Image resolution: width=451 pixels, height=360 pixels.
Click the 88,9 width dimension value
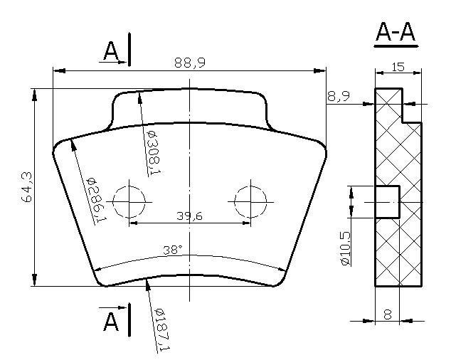coord(190,63)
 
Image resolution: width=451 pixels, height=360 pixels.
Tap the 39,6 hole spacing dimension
coord(189,216)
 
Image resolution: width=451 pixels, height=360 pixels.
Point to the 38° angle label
coord(173,250)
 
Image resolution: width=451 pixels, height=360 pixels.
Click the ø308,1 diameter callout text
coord(154,152)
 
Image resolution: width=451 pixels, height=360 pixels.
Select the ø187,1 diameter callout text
coord(162,330)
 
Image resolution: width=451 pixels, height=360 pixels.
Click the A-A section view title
coord(396,32)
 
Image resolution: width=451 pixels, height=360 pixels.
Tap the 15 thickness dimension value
coord(398,67)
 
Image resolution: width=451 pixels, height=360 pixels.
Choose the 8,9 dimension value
coord(339,96)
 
